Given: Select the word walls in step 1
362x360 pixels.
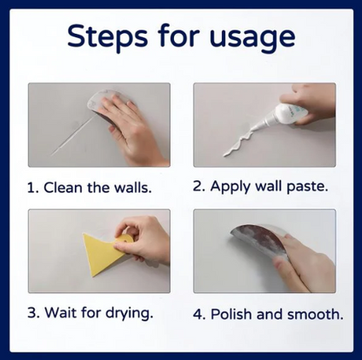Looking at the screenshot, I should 141,187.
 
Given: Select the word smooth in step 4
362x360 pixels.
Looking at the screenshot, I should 324,312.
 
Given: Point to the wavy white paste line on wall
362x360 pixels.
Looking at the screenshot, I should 232,143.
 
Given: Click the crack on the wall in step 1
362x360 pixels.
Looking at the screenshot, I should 70,143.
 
